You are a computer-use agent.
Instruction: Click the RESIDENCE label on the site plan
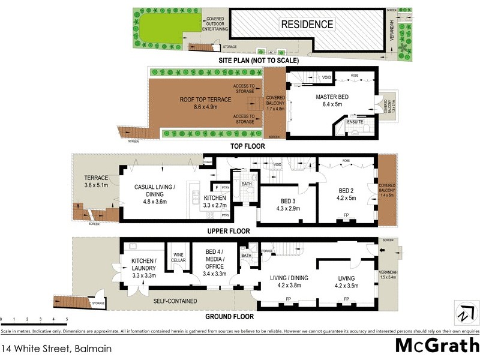(307, 25)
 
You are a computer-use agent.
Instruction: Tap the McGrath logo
(437, 346)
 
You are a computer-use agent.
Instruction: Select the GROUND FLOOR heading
(230, 316)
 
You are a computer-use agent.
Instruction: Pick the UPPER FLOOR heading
(228, 230)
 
